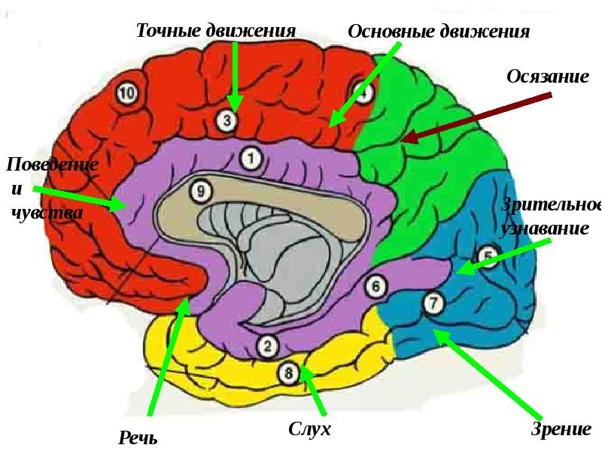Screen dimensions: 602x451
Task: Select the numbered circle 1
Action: click(251, 158)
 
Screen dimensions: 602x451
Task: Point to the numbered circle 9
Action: click(199, 192)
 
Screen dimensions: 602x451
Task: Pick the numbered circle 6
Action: click(375, 286)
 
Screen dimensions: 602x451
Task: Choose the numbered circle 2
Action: click(267, 345)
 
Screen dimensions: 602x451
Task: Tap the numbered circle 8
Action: click(288, 371)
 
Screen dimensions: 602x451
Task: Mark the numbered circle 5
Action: click(488, 257)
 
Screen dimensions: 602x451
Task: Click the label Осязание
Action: click(547, 77)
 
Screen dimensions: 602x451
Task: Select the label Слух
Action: click(309, 429)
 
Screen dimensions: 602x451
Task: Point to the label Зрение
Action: click(561, 430)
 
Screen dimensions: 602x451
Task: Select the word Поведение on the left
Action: click(51, 163)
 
